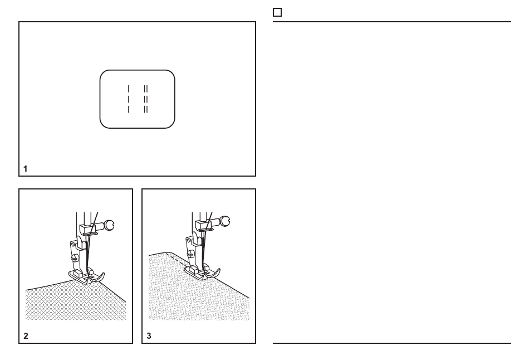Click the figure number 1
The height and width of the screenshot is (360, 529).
25,168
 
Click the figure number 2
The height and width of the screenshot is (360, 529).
26,335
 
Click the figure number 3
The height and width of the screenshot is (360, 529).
149,335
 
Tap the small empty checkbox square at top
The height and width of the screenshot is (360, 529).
277,12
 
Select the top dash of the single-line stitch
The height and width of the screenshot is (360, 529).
128,89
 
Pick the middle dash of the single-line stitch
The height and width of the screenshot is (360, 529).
128,99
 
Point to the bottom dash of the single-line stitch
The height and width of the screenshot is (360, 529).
128,109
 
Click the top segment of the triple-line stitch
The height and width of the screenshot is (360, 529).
146,89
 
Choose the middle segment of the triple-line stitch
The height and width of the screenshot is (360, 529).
146,99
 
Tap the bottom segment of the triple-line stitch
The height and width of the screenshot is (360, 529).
146,109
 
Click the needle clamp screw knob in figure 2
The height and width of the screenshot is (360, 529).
109,225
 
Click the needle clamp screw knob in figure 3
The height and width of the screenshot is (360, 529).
225,222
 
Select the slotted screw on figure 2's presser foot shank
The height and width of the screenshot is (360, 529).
74,259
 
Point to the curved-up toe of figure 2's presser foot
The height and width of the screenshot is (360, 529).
101,276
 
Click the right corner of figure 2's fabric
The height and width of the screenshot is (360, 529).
126,302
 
